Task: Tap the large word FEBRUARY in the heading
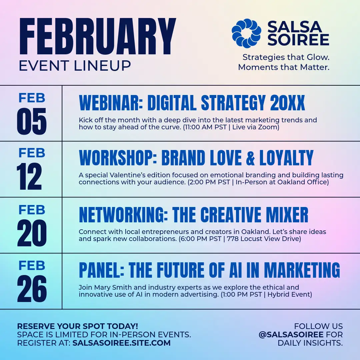coord(98,37)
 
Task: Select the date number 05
coord(32,121)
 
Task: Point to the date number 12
coord(29,176)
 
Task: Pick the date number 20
coord(32,233)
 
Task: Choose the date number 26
coord(32,289)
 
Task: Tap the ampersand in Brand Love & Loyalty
coord(250,158)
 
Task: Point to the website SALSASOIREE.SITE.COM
coord(121,343)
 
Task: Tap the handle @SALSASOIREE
coord(291,335)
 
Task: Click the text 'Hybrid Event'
coord(290,294)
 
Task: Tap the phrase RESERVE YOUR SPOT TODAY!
coord(78,326)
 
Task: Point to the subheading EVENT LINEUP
coord(75,66)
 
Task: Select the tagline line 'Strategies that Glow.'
coord(286,57)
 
